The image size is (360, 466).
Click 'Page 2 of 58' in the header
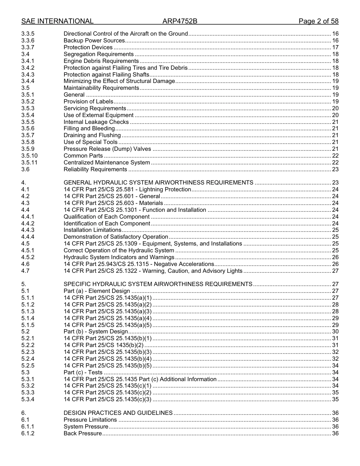[x=318, y=21]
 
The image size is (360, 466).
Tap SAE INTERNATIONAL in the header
[x=58, y=21]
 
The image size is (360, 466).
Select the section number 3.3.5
[x=28, y=34]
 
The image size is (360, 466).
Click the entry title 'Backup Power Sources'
[x=94, y=41]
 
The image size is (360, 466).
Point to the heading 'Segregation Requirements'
[x=99, y=54]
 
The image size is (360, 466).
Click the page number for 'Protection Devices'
[x=335, y=47]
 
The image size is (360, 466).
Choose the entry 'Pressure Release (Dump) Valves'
[x=107, y=149]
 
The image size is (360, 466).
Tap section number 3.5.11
[x=29, y=163]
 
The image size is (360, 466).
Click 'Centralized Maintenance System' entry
[x=106, y=163]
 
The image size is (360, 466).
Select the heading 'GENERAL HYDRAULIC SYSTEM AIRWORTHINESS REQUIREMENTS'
[x=158, y=183]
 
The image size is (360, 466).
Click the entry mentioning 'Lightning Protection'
[x=127, y=189]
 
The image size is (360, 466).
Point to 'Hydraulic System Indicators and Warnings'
[x=119, y=257]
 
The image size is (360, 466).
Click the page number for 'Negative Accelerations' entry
[x=335, y=264]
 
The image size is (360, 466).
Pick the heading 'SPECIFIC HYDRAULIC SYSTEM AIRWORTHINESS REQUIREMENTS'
[x=158, y=284]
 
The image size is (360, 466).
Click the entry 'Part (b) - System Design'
[x=95, y=332]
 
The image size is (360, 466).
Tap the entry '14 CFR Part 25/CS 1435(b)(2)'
[x=103, y=345]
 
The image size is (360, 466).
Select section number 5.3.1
[x=28, y=379]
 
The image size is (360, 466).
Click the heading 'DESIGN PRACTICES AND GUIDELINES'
[x=118, y=413]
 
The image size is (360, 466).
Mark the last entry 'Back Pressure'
[x=83, y=433]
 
